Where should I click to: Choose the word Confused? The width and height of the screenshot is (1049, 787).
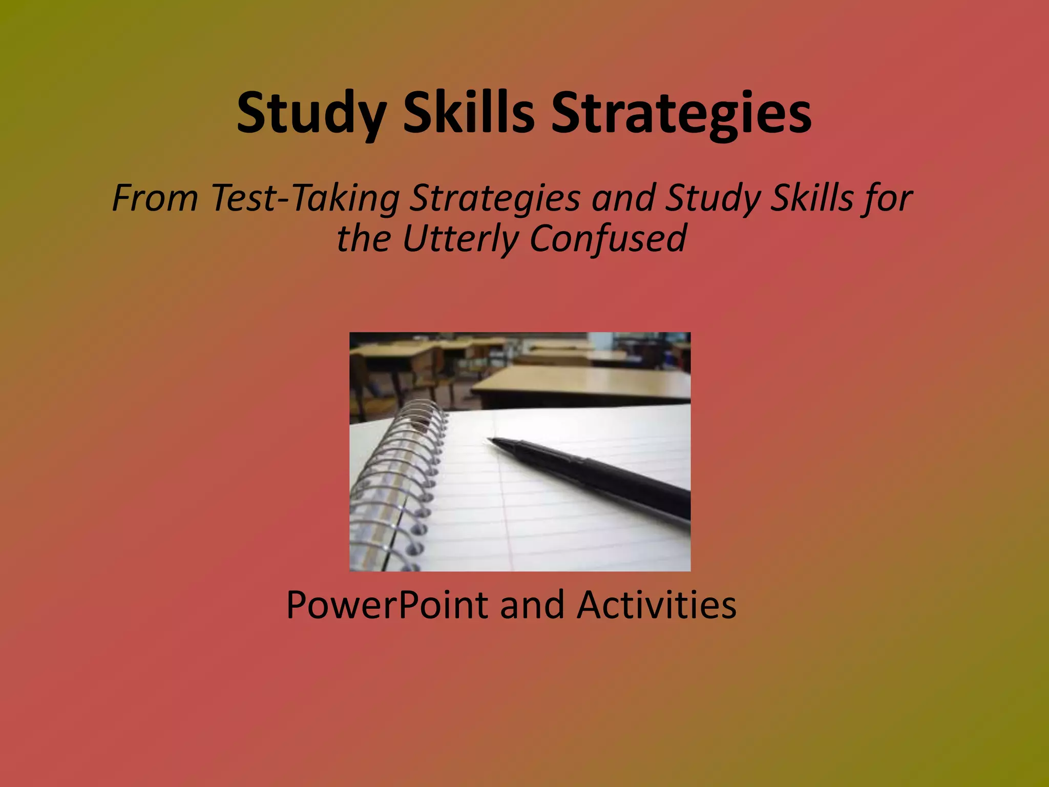click(608, 239)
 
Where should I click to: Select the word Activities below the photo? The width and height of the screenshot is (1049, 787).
click(657, 605)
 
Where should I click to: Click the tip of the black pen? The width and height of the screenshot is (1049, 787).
click(490, 440)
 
